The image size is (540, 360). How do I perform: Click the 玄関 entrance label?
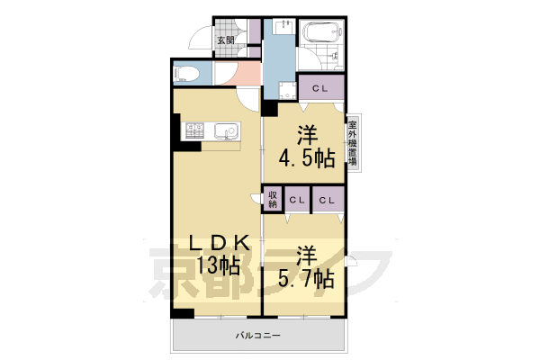[x=226, y=40]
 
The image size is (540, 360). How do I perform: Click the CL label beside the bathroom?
[x=319, y=88]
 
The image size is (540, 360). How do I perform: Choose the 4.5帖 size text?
[x=307, y=158]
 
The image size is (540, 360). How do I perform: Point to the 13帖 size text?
[x=212, y=266]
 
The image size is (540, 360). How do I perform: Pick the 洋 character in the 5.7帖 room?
[x=308, y=254]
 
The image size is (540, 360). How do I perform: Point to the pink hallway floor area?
[x=237, y=74]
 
